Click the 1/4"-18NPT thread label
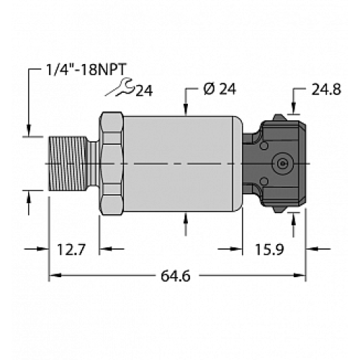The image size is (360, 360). [x=75, y=71]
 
